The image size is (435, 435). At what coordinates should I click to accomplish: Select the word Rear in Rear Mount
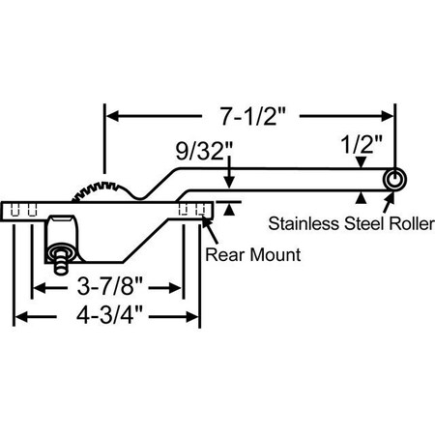click(224, 256)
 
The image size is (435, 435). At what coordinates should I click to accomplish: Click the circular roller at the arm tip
click(394, 181)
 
